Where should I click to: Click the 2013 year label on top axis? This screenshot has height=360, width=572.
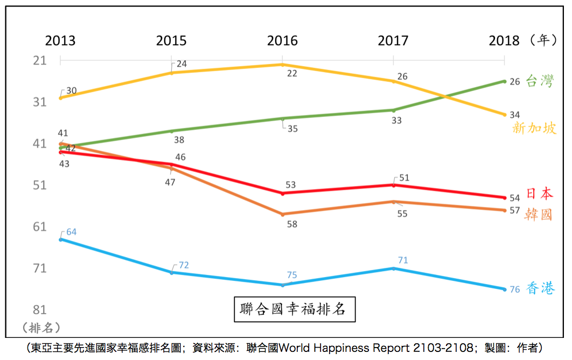tap(60, 41)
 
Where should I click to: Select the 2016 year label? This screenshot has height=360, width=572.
tap(282, 41)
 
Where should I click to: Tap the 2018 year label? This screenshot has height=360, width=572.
tap(504, 41)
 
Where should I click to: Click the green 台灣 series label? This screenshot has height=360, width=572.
tap(539, 82)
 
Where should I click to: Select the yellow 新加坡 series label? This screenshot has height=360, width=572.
tap(534, 128)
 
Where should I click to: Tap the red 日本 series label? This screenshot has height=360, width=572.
tap(539, 194)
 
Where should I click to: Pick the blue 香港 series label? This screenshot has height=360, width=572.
tap(540, 289)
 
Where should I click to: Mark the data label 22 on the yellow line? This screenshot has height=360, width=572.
tap(292, 74)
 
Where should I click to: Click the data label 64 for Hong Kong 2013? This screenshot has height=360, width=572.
tap(71, 232)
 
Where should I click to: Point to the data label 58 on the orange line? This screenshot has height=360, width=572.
tap(292, 224)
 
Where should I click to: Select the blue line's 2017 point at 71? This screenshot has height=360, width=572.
tap(393, 268)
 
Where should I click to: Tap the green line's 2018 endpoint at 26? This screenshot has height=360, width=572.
tap(504, 81)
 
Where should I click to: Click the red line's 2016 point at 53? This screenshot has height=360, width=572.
tap(283, 193)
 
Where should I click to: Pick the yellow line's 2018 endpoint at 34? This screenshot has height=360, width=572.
tap(504, 114)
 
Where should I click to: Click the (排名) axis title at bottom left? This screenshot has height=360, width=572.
tap(41, 327)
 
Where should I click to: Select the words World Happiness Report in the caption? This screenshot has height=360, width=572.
tap(347, 348)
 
